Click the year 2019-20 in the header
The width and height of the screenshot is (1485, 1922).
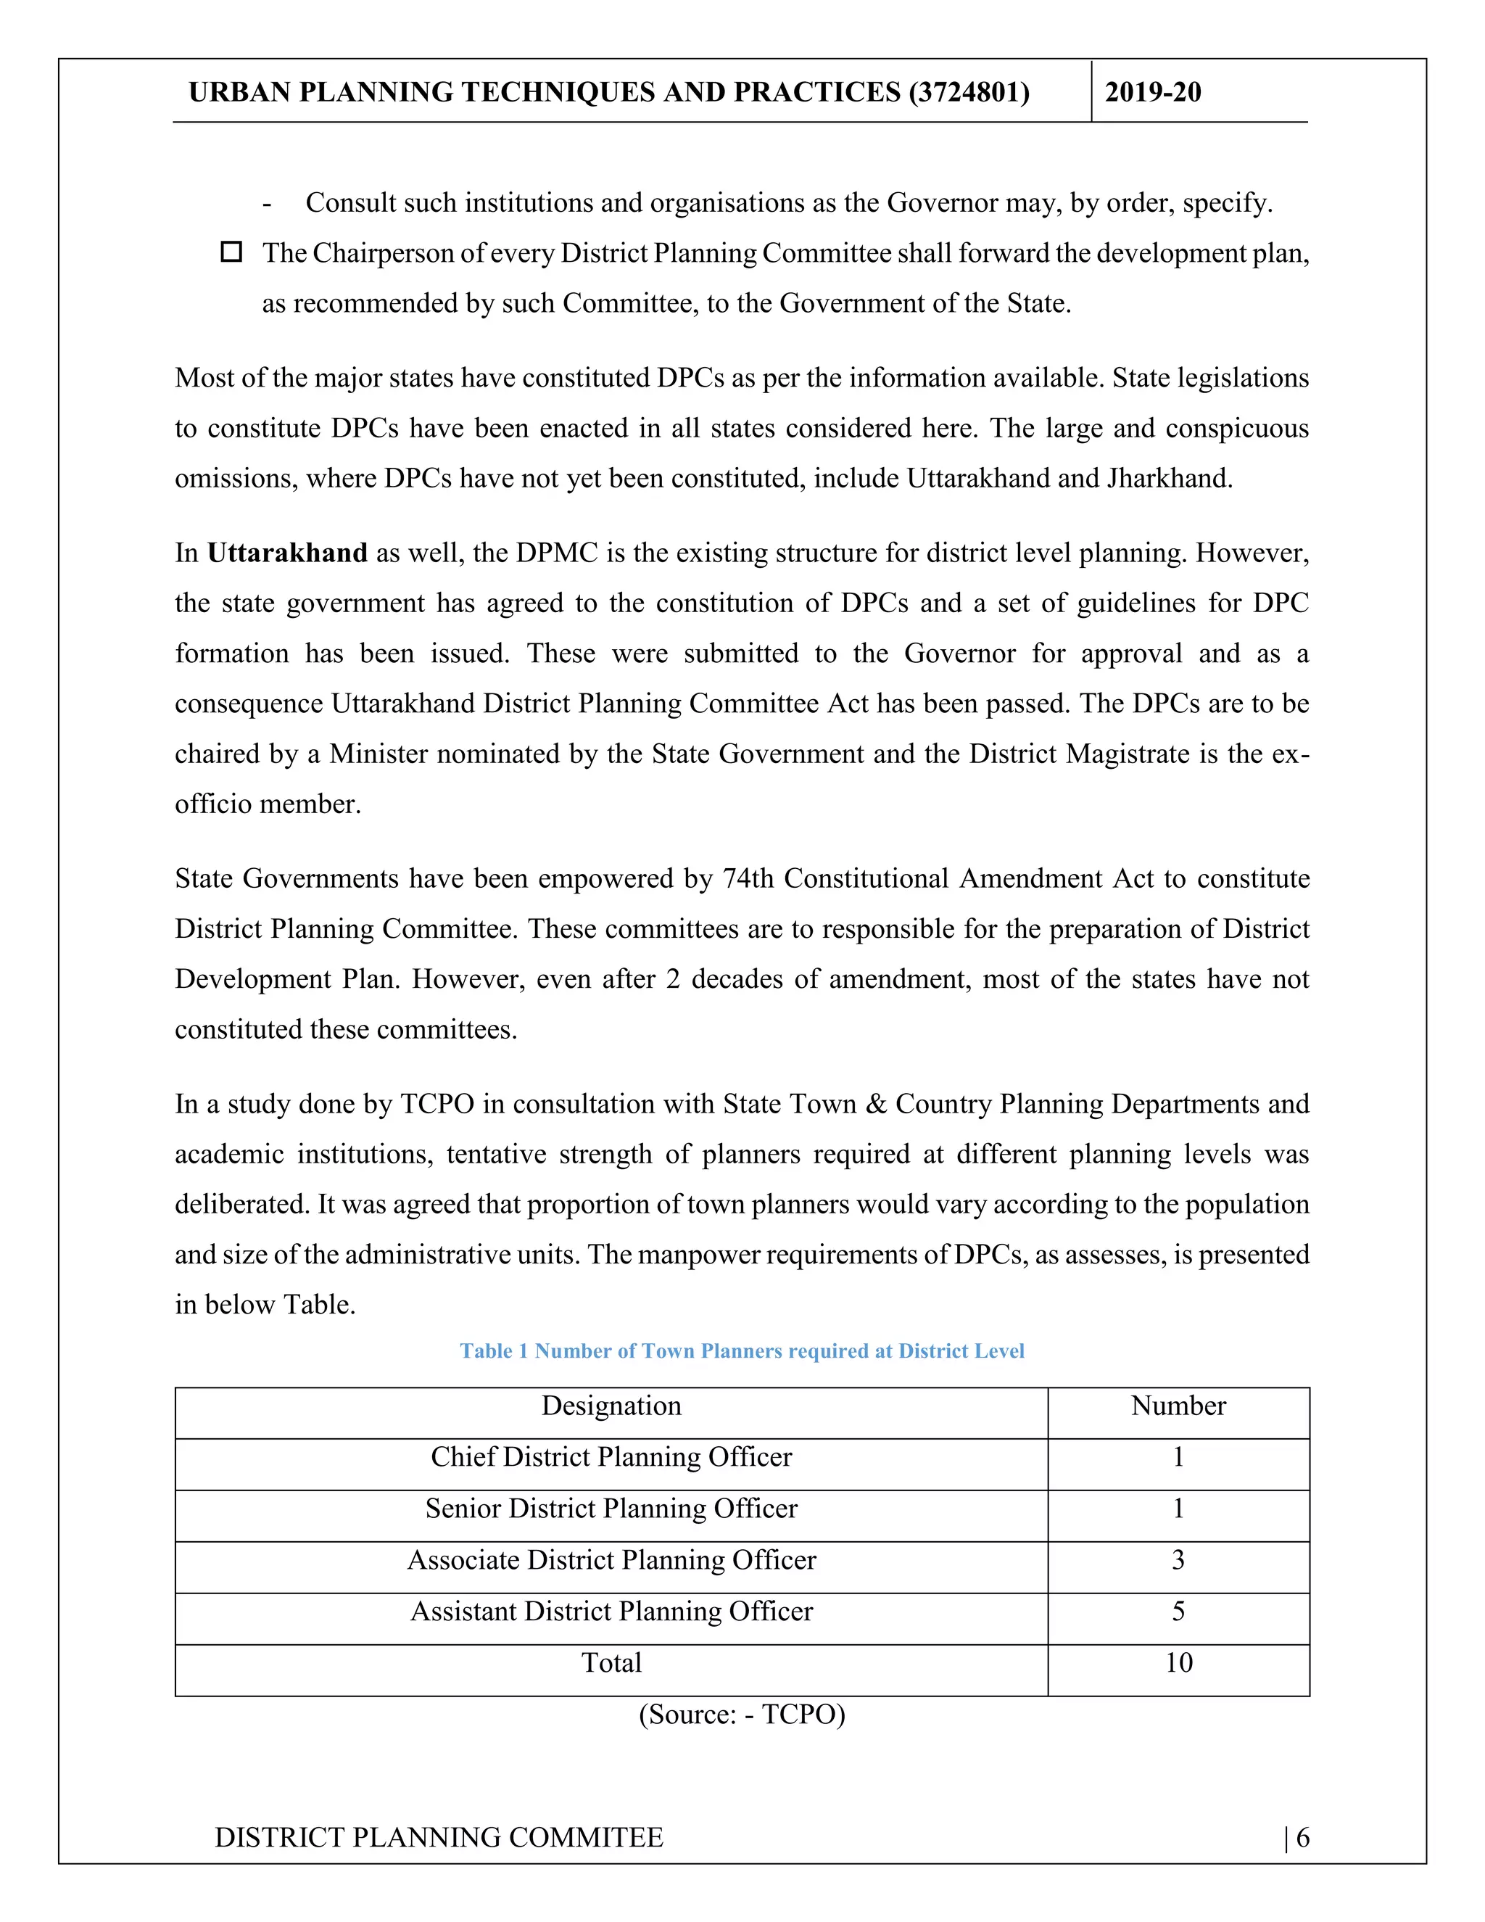1152,92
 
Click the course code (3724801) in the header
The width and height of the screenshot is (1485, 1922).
969,92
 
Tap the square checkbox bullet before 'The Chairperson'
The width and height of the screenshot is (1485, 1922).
231,252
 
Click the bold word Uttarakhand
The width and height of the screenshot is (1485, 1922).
287,553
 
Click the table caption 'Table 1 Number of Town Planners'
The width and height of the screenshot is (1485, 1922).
742,1351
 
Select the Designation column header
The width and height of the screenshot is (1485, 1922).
611,1406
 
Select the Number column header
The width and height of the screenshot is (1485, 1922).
1178,1406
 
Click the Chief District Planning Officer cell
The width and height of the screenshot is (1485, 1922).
611,1456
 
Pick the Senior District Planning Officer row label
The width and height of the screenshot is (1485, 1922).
611,1509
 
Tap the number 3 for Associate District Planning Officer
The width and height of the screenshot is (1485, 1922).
1178,1559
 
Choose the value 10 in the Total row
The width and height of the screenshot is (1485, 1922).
1178,1662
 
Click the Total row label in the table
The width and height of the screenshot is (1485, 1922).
611,1662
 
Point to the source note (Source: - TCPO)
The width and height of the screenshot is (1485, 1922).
742,1715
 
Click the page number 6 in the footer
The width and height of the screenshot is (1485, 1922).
1302,1838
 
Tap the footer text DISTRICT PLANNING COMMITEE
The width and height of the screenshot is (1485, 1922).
439,1838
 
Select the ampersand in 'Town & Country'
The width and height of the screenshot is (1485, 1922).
875,1104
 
